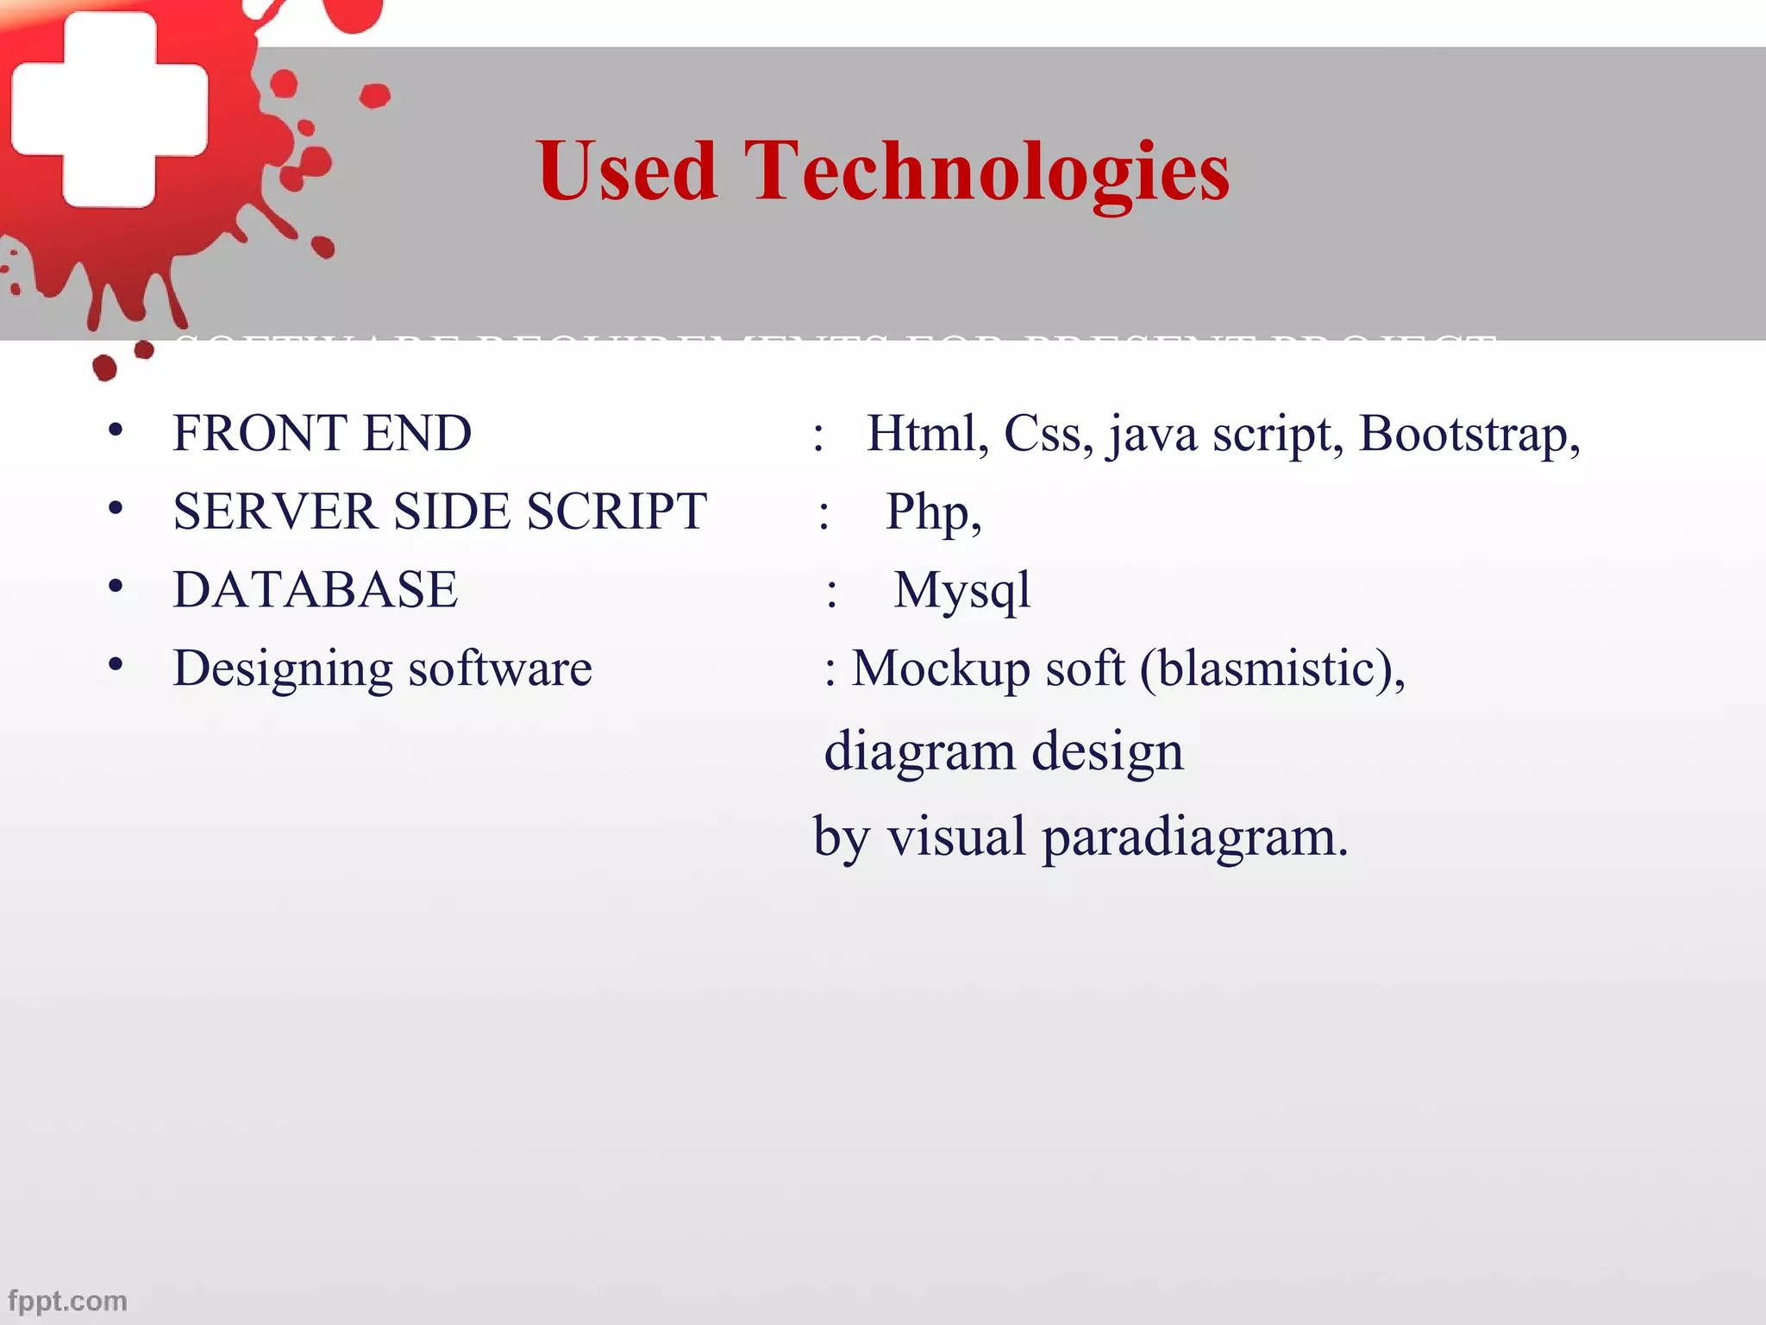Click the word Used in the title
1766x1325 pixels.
coord(626,171)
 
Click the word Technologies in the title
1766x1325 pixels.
coord(986,171)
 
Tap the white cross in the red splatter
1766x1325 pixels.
coord(110,110)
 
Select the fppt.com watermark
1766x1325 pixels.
coord(67,1300)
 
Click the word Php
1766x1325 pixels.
coord(932,512)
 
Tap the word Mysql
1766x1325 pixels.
coord(961,592)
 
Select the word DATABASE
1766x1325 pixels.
coord(316,590)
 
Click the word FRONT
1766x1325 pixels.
coord(259,433)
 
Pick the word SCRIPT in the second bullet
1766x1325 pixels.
coord(617,512)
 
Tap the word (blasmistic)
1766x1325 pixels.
coord(1272,669)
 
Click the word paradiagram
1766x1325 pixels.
coord(1195,838)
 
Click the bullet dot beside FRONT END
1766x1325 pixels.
coord(116,430)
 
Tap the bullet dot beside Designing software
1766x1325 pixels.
coord(116,665)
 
